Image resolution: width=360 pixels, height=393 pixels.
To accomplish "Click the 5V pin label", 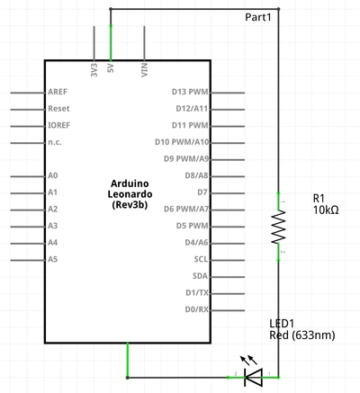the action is pyautogui.click(x=111, y=67).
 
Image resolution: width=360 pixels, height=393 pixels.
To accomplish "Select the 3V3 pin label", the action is pyautogui.click(x=94, y=70).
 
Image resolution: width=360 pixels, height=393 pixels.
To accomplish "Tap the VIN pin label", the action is pyautogui.click(x=145, y=70).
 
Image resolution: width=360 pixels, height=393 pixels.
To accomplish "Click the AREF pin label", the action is pyautogui.click(x=58, y=92).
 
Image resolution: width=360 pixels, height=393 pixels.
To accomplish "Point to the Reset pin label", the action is pyautogui.click(x=58, y=109).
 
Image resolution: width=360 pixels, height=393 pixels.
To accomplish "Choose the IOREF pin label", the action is pyautogui.click(x=59, y=125).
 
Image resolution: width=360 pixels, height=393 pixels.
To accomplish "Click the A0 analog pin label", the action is pyautogui.click(x=53, y=175).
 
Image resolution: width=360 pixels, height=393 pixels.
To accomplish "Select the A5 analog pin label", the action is pyautogui.click(x=53, y=259).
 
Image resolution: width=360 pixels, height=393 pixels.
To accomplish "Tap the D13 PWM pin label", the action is pyautogui.click(x=190, y=92).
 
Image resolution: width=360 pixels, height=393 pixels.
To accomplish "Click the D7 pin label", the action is pyautogui.click(x=202, y=192).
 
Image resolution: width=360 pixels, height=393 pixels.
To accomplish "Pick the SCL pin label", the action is pyautogui.click(x=201, y=259).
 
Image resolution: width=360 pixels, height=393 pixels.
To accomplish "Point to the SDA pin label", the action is pyautogui.click(x=200, y=276).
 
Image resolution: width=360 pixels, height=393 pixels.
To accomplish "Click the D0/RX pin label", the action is pyautogui.click(x=197, y=309).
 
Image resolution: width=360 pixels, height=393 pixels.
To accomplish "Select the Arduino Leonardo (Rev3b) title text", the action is pyautogui.click(x=130, y=194).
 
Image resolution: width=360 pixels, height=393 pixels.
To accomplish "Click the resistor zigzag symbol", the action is pyautogui.click(x=279, y=227).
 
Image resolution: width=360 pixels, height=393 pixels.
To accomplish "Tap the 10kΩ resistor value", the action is pyautogui.click(x=326, y=210).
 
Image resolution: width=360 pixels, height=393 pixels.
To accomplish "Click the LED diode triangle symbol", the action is pyautogui.click(x=254, y=377).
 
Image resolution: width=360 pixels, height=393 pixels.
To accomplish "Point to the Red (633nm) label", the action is pyautogui.click(x=302, y=335).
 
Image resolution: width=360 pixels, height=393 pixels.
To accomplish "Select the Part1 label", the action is pyautogui.click(x=258, y=17).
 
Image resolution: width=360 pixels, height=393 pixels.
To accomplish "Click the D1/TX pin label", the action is pyautogui.click(x=197, y=292).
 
